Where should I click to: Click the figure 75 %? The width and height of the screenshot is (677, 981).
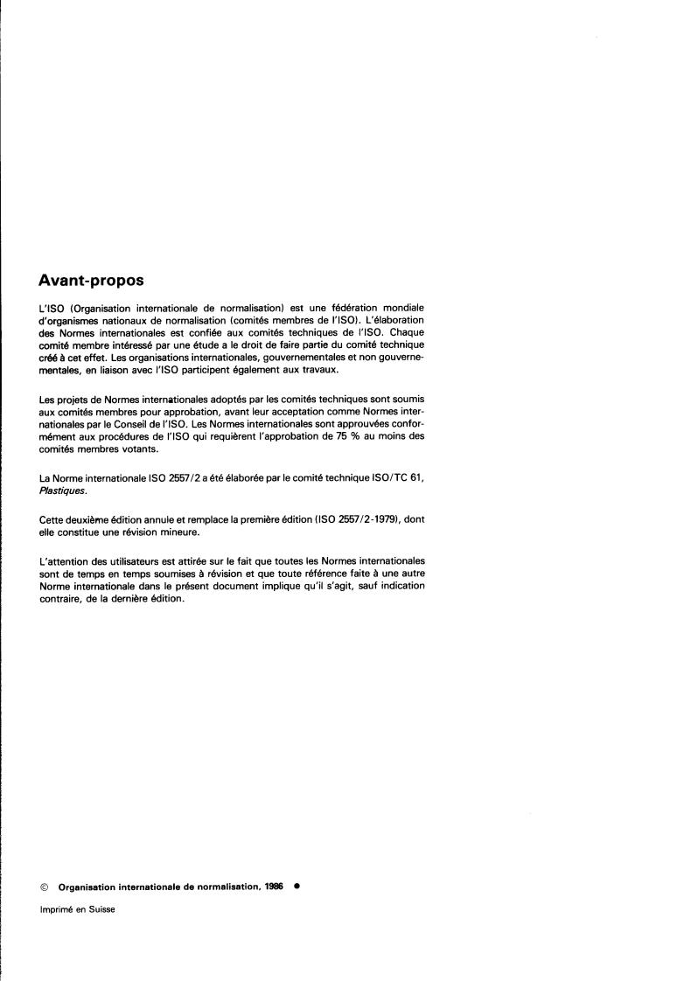[x=347, y=435]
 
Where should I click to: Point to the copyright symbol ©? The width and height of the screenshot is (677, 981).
[x=44, y=886]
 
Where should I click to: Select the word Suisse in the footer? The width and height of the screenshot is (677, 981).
[x=101, y=909]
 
